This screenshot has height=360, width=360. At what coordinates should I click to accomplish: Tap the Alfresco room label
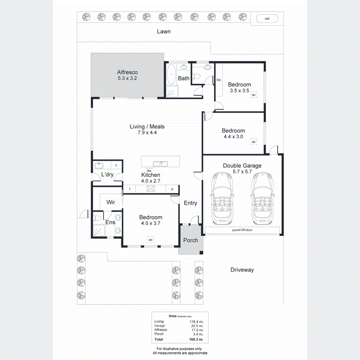tap(127, 72)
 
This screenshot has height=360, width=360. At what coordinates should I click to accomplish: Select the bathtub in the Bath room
tap(171, 74)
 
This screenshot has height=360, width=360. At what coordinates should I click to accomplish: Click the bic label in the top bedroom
tap(219, 80)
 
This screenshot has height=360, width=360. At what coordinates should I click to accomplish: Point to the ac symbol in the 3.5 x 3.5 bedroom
tap(254, 95)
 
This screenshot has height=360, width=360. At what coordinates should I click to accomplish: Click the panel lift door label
tap(242, 230)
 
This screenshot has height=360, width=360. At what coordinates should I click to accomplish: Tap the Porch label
tap(190, 240)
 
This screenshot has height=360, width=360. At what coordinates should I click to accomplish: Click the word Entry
tap(190, 203)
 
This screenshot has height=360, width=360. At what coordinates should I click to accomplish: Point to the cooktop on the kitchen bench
tap(151, 189)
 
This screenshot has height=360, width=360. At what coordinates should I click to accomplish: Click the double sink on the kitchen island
tap(160, 163)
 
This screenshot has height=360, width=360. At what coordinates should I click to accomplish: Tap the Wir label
tap(111, 203)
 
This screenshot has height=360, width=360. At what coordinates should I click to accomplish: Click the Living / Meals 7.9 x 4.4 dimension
tap(147, 132)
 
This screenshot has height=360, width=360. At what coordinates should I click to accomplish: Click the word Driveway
tap(242, 270)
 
